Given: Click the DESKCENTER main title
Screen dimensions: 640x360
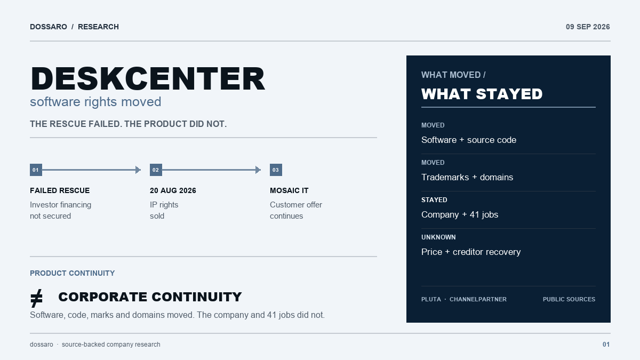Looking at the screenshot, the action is click(148, 78).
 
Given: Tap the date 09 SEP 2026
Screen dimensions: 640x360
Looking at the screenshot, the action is click(588, 27).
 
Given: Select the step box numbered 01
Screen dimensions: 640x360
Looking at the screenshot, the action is click(36, 170).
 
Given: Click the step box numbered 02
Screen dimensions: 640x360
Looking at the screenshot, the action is click(156, 170).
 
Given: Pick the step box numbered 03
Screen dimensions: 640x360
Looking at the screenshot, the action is click(276, 170).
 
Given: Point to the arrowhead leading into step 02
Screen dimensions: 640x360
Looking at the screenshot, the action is click(138, 170).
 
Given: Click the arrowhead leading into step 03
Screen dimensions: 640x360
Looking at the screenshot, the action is click(258, 170).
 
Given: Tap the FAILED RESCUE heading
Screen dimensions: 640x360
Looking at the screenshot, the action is click(60, 190).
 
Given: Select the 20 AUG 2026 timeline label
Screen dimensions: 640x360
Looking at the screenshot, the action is click(173, 190).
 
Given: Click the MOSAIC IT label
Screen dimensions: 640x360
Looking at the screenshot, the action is click(289, 190).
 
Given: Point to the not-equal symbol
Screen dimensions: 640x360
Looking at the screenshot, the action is click(37, 298).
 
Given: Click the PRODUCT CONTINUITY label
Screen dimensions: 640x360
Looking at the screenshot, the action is click(73, 273).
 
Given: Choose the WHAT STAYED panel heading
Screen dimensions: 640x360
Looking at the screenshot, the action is click(482, 94).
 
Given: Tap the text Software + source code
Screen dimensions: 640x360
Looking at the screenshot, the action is click(469, 140).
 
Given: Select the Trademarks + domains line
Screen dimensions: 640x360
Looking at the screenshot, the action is click(467, 177).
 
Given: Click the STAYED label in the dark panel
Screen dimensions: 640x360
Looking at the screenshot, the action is click(434, 200).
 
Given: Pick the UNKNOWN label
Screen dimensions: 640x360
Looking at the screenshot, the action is click(438, 237).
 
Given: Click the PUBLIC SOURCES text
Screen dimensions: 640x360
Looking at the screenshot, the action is click(569, 299).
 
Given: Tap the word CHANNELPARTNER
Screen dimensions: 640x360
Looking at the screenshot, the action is click(478, 299).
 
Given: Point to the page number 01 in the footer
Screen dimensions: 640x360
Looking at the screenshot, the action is click(606, 345).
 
